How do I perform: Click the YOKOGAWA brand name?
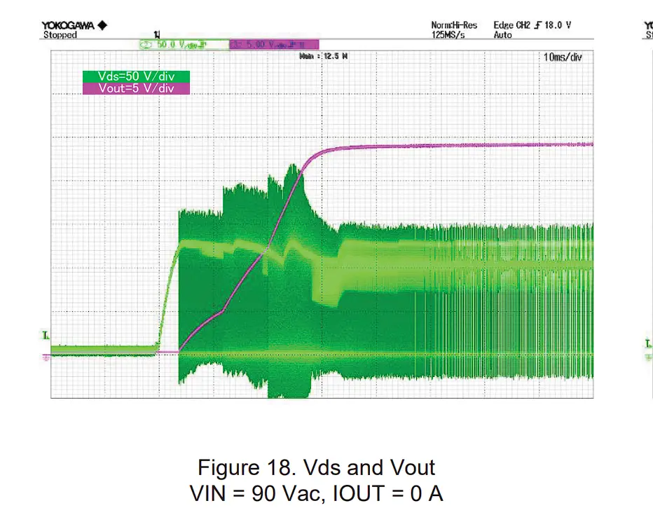click(x=69, y=26)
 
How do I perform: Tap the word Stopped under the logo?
click(x=60, y=35)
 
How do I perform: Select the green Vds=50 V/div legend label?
click(x=136, y=76)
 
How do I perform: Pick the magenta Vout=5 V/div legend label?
click(x=136, y=88)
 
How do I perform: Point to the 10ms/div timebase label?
click(x=562, y=57)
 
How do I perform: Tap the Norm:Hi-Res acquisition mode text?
click(x=454, y=26)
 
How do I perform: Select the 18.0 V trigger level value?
click(x=558, y=26)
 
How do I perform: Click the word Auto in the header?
click(x=503, y=35)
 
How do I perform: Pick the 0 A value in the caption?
click(x=427, y=493)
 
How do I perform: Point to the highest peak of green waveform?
click(x=294, y=165)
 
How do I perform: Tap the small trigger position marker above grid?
click(x=156, y=34)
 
